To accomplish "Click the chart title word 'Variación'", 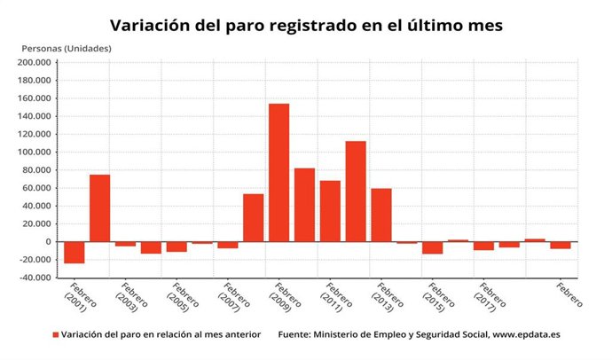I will pyautogui.click(x=152, y=26).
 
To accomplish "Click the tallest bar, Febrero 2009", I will pyautogui.click(x=279, y=173).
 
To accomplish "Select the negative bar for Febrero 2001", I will pyautogui.click(x=74, y=252).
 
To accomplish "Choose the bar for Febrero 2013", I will pyautogui.click(x=381, y=215).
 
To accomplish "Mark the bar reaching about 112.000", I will pyautogui.click(x=356, y=192).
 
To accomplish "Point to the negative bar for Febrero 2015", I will pyautogui.click(x=433, y=247).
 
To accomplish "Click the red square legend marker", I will pyautogui.click(x=56, y=335).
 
